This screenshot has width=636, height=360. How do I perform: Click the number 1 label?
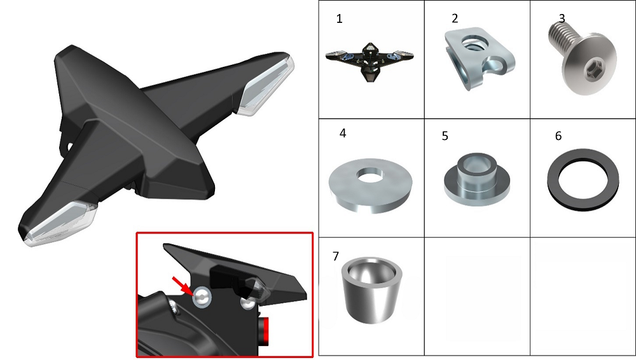(x=340, y=18)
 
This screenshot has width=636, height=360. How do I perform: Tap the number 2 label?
(x=455, y=18)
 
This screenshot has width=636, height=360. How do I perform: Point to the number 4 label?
(x=343, y=133)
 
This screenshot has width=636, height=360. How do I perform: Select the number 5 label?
(x=445, y=136)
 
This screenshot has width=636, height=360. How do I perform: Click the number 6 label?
(x=558, y=136)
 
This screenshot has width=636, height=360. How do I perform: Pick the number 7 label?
(x=335, y=256)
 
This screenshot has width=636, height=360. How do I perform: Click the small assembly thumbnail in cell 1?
(x=370, y=62)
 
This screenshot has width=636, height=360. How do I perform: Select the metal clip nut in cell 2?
(x=480, y=58)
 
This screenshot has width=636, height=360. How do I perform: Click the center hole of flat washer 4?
(x=370, y=175)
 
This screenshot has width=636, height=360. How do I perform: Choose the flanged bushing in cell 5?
(x=476, y=179)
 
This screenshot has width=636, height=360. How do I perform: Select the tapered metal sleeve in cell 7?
(x=372, y=290)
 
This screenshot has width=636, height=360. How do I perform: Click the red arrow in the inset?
(x=183, y=286)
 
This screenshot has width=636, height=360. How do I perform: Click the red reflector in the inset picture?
(x=265, y=331)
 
